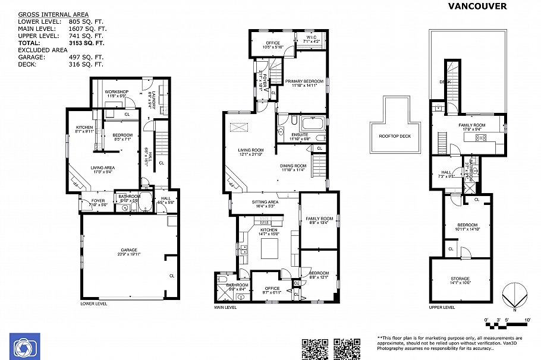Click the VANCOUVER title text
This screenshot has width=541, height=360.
[477, 7]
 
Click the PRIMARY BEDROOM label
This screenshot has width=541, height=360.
[304, 81]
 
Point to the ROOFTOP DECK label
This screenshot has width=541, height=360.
[395, 135]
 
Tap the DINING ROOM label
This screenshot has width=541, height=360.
[293, 166]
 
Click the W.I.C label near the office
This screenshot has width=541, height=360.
[313, 37]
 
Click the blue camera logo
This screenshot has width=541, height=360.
[24, 346]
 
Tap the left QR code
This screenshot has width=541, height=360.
[315, 348]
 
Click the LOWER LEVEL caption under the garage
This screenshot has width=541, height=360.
[93, 303]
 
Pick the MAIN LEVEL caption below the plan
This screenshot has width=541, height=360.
[225, 307]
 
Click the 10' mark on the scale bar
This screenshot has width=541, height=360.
[527, 320]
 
